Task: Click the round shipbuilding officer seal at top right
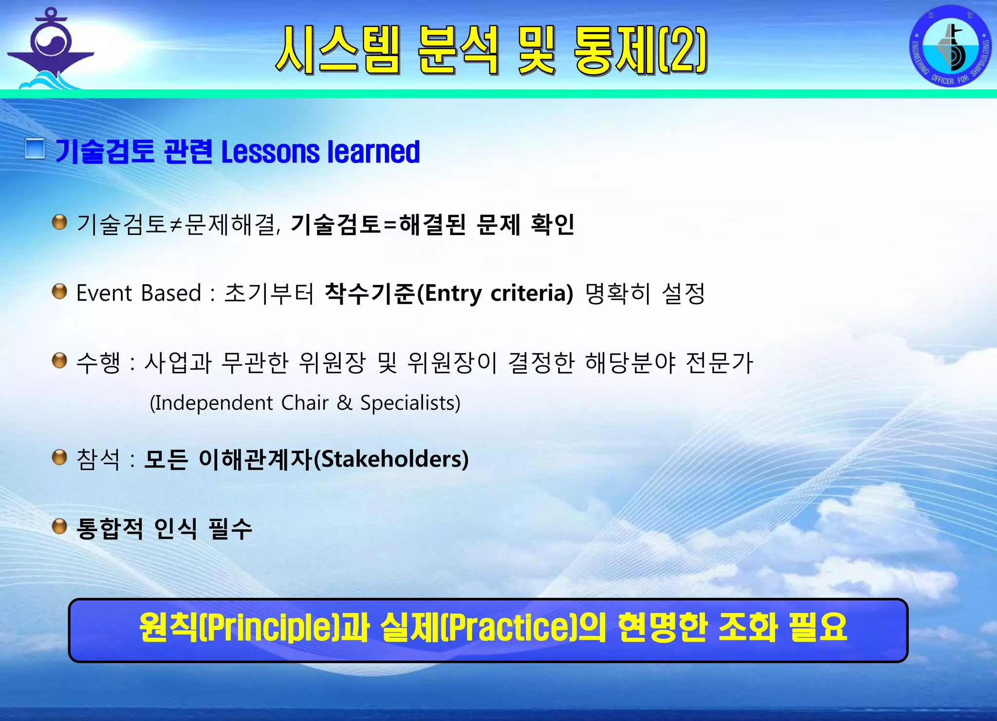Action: click(950, 46)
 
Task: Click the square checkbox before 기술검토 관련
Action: click(35, 149)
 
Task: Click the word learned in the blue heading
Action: click(373, 152)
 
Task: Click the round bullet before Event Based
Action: click(59, 291)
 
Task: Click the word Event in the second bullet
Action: click(104, 293)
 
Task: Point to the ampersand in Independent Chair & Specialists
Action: click(344, 403)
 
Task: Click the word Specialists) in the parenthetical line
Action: click(410, 403)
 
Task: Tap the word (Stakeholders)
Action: click(391, 459)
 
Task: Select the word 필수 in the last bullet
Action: click(230, 528)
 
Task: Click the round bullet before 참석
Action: click(59, 457)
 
